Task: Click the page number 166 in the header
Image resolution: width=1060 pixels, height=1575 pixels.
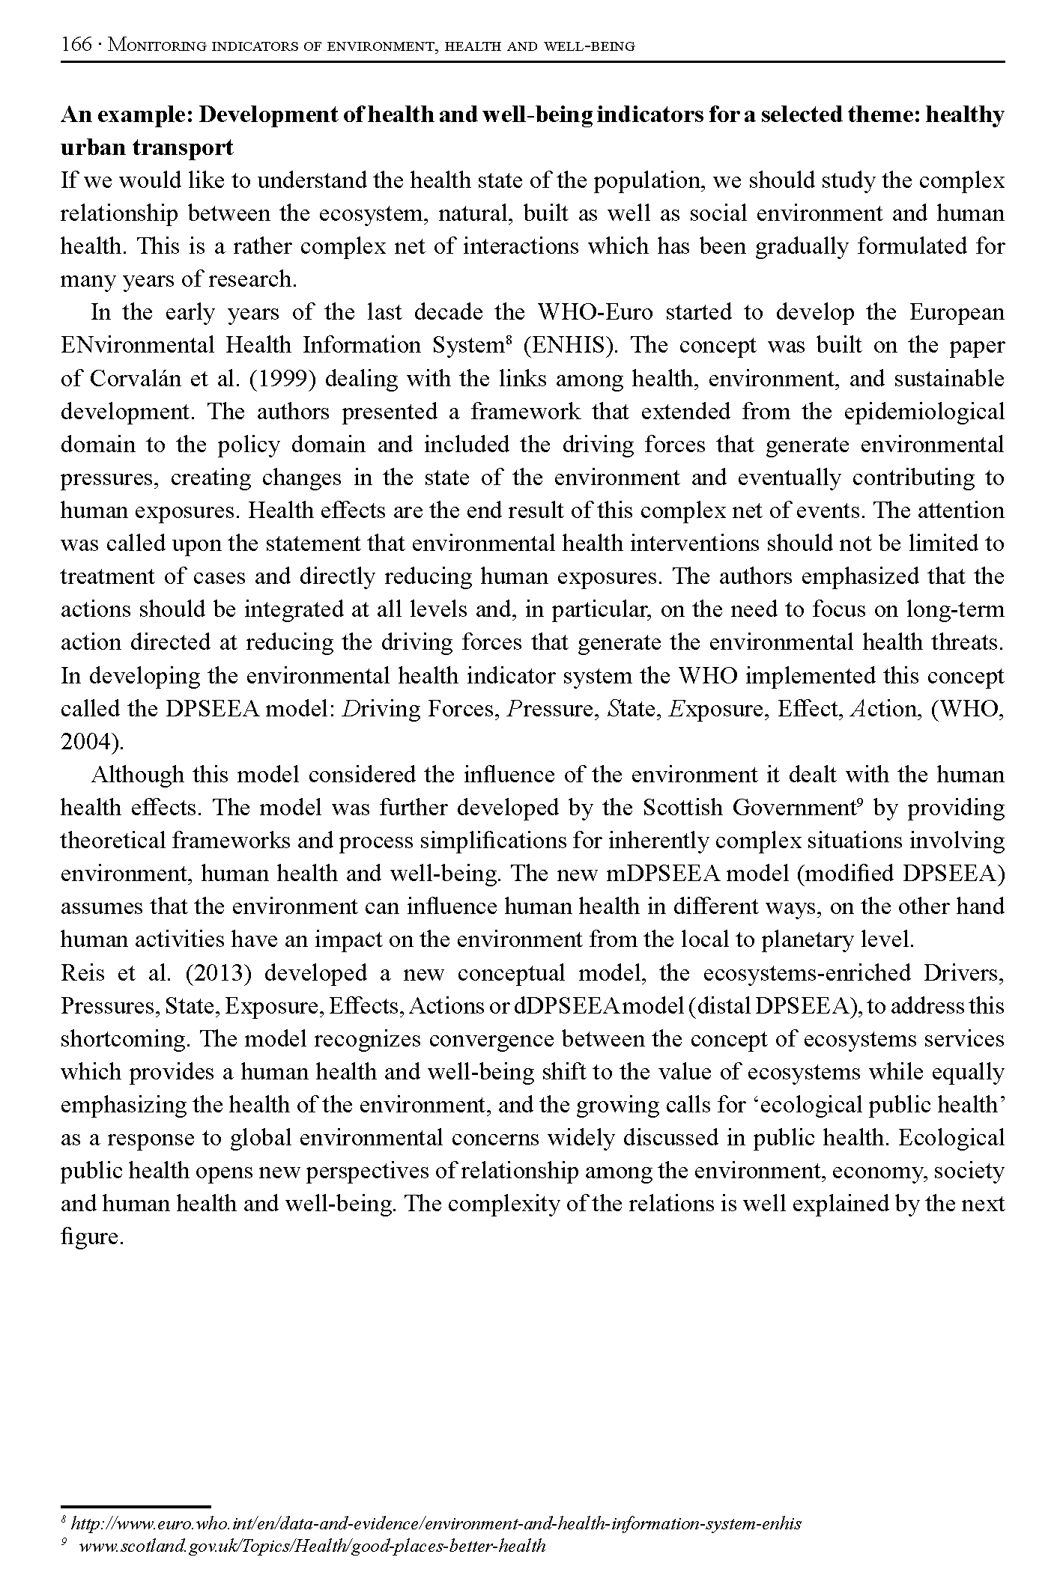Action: [x=76, y=45]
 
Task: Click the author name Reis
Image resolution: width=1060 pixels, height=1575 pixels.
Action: [x=81, y=973]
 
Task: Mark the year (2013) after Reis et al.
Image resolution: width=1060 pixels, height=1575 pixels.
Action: [x=216, y=973]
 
